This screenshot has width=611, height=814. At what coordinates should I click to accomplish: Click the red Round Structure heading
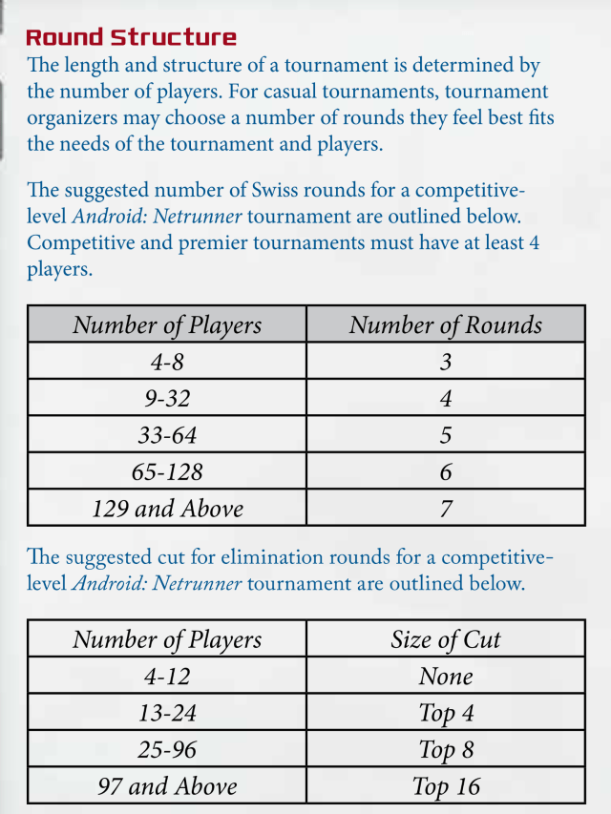click(131, 38)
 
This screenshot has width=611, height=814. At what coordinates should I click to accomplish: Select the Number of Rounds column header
click(445, 324)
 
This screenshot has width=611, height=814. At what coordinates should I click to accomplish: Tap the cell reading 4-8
click(167, 362)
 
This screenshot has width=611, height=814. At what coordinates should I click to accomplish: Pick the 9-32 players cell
click(167, 398)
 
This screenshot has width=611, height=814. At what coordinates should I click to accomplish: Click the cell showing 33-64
click(167, 435)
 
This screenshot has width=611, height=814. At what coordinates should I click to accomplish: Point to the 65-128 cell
click(167, 471)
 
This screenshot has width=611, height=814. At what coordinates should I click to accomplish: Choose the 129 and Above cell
click(167, 508)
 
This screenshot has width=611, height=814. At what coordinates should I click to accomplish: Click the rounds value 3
click(445, 362)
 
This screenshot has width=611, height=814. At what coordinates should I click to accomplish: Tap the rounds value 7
click(445, 508)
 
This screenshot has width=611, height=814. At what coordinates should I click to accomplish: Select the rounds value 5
click(445, 435)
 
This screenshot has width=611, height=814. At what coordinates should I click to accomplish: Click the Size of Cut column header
click(445, 638)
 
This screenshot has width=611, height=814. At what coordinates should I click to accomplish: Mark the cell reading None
click(445, 677)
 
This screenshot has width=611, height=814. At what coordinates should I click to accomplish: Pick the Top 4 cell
click(445, 713)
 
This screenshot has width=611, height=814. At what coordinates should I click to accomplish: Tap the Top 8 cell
click(445, 750)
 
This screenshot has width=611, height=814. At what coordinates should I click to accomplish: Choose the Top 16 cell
click(445, 786)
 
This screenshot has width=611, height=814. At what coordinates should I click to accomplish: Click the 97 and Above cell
click(167, 786)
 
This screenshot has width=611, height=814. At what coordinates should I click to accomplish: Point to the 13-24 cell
click(167, 713)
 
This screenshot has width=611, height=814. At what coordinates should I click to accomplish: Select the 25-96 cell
click(167, 750)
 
